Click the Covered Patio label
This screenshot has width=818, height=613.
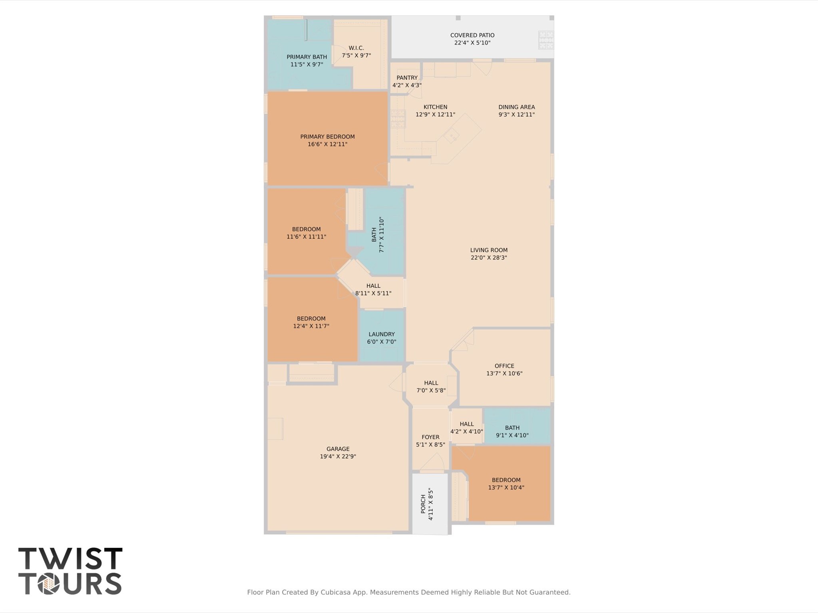click(472, 35)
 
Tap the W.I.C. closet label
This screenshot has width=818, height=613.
click(356, 48)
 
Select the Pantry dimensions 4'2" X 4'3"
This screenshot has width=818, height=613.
click(407, 85)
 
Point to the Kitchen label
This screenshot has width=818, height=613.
click(435, 107)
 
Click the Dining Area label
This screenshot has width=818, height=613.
click(516, 107)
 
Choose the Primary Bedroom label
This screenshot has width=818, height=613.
click(327, 137)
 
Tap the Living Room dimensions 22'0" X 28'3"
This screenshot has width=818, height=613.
click(489, 258)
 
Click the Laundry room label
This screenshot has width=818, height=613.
click(382, 334)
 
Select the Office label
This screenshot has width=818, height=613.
click(504, 366)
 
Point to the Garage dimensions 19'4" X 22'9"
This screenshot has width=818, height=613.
click(338, 456)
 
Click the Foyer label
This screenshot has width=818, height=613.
click(430, 437)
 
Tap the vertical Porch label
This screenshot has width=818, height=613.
click(423, 504)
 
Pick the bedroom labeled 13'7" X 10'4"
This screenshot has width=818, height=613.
click(506, 484)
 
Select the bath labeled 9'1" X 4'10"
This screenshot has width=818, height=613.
click(512, 432)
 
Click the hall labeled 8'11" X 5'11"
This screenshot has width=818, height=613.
click(373, 290)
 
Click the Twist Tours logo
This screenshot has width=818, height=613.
click(70, 571)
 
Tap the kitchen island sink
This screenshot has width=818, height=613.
click(451, 137)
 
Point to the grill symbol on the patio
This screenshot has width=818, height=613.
click(546, 40)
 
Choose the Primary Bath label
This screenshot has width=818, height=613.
click(307, 57)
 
